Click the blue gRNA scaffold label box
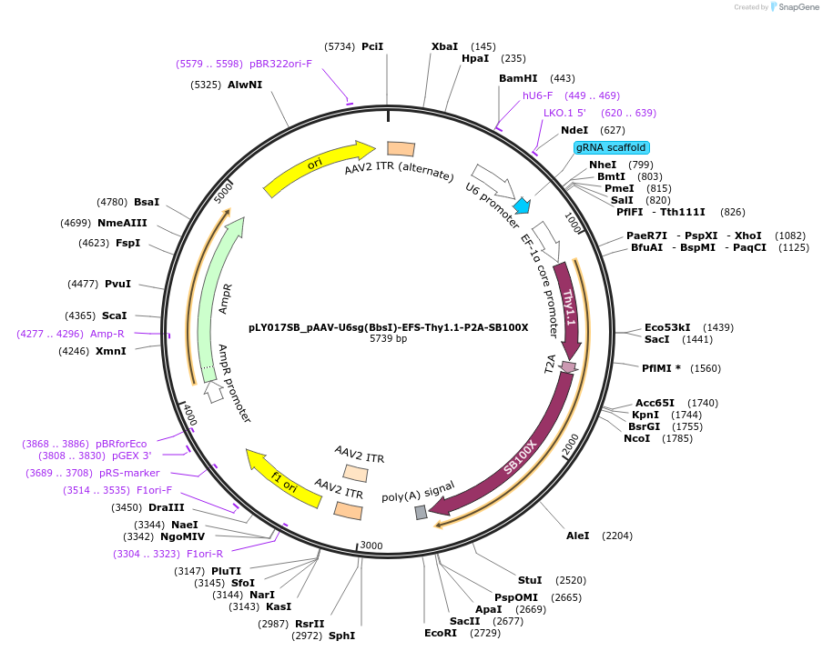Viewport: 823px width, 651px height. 611,147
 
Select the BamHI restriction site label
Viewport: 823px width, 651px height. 518,78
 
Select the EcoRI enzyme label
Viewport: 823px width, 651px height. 441,633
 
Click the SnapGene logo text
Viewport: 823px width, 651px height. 798,7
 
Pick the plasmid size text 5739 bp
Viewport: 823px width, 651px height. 388,339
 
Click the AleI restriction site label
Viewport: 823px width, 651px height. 578,536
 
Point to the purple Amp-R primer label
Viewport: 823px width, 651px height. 107,334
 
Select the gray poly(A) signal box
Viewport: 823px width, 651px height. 421,513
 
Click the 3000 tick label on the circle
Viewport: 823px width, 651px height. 371,545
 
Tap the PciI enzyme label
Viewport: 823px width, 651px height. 372,46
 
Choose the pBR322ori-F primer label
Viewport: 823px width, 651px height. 280,64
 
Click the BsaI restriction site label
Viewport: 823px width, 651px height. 147,202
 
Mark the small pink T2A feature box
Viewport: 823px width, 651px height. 569,367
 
